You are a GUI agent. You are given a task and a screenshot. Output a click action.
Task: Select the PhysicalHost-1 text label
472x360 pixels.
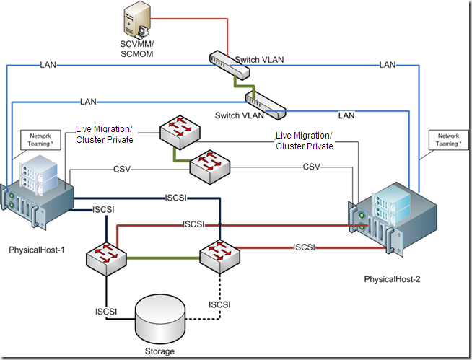pyautogui.click(x=37, y=250)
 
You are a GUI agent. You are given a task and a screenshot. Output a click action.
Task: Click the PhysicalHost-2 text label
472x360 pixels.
pyautogui.click(x=392, y=278)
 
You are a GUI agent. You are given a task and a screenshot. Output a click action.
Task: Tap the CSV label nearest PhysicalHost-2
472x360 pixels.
pyautogui.click(x=312, y=167)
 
